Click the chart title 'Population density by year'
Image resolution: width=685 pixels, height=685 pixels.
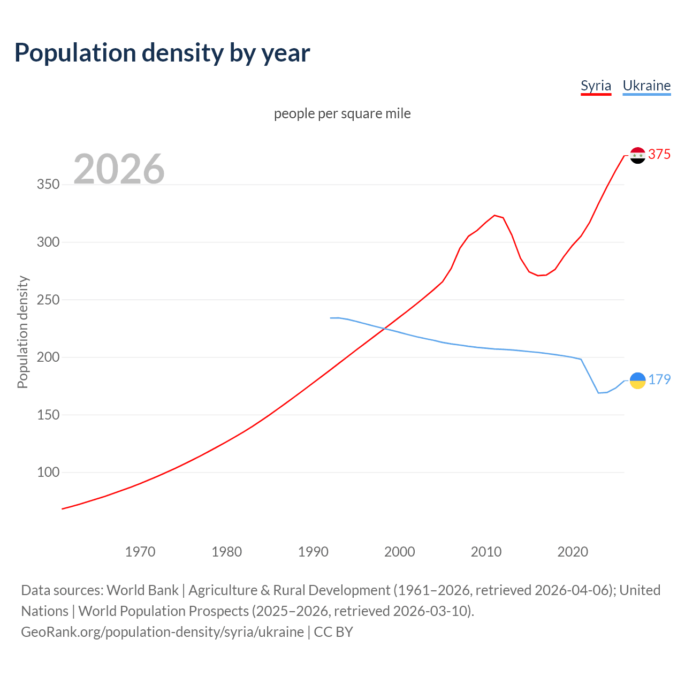point(162,53)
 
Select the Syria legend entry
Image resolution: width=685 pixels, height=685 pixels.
point(596,86)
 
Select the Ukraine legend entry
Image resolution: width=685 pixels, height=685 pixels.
point(646,86)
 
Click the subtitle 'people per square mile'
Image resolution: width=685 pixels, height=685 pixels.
point(342,113)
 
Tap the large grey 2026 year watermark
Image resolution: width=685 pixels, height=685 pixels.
point(119,169)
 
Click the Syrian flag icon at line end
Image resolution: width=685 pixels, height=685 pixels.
point(637,155)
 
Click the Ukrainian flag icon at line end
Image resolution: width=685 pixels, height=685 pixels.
point(637,380)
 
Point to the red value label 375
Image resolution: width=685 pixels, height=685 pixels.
point(659,154)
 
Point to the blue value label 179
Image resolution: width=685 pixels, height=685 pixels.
point(659,379)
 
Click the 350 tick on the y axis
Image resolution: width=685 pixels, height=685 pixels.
point(48,185)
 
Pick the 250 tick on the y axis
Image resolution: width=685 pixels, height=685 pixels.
point(48,300)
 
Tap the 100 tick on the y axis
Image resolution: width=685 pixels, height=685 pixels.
point(48,473)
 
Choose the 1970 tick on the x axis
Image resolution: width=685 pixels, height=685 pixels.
point(140,552)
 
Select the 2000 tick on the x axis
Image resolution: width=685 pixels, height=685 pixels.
point(400,552)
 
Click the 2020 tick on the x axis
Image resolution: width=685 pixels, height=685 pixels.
point(573,552)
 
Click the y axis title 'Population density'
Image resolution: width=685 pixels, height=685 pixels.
point(22,332)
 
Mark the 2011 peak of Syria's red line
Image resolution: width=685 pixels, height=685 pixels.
point(494,215)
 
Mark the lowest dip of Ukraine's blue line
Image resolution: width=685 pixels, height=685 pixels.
point(599,393)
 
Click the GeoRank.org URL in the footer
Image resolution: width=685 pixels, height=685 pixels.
point(162,632)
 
